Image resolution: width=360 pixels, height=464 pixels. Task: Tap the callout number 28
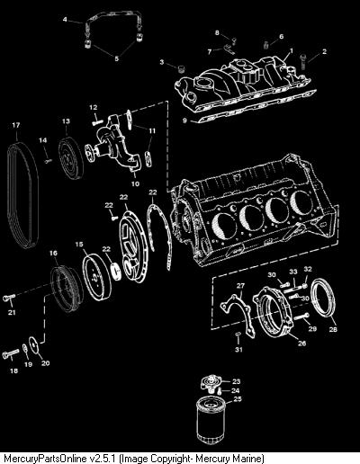333,329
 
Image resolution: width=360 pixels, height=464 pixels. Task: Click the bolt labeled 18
11,355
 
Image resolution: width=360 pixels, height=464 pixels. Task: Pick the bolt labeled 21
9,298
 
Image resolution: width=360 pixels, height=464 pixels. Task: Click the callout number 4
65,20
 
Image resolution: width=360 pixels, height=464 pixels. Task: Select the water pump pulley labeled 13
71,158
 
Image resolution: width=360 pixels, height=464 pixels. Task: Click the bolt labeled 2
303,61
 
